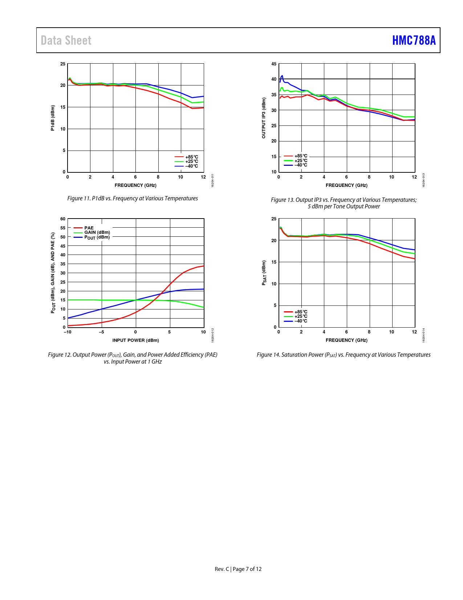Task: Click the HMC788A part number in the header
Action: tap(414, 40)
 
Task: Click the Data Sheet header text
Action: tap(66, 40)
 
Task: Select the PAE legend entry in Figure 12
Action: tap(89, 228)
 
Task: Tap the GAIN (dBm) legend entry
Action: tap(97, 232)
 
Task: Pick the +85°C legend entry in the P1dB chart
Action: tap(191, 157)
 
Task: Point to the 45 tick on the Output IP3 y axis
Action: tap(274, 64)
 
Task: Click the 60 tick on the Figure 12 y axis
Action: tap(63, 219)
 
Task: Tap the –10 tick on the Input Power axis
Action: tap(68, 332)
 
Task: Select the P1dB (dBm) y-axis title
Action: tap(53, 118)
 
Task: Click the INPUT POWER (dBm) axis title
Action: tap(135, 340)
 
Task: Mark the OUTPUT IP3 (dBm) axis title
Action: tap(264, 118)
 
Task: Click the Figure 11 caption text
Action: tap(133, 199)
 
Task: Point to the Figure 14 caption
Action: tap(344, 355)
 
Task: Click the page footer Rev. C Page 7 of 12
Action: tap(238, 569)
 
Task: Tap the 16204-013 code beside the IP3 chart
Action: tap(423, 180)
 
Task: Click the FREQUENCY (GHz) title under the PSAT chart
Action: tap(346, 340)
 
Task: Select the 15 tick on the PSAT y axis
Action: tap(274, 262)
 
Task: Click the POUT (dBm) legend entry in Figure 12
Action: tap(97, 237)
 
